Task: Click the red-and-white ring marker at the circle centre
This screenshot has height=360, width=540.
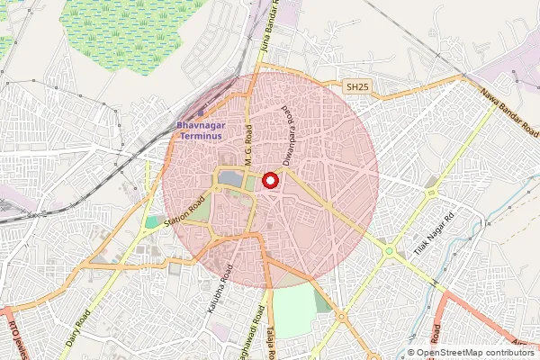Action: point(269,180)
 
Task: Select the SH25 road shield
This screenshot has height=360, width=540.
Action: point(357,87)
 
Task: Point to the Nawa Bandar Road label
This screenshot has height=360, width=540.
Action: point(509,112)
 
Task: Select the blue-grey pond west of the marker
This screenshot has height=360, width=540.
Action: point(230,179)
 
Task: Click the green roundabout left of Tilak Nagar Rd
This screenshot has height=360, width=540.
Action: point(388,251)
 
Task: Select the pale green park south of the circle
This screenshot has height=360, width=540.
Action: point(292,310)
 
